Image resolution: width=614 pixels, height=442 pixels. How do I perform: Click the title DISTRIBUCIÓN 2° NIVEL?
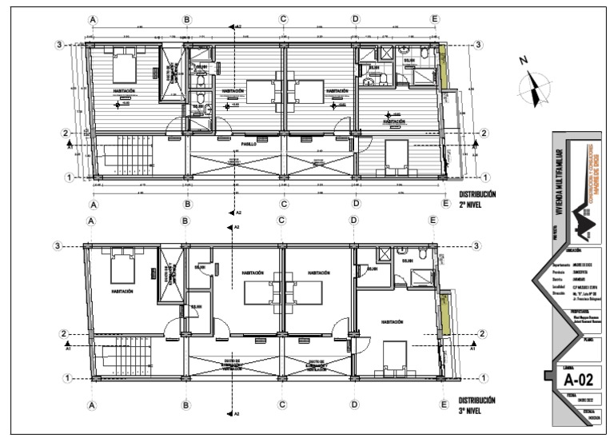[477, 198]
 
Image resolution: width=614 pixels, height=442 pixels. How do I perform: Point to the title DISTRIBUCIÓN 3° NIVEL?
[477, 404]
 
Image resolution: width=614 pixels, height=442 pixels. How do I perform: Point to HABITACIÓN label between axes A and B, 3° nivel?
[122, 292]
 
